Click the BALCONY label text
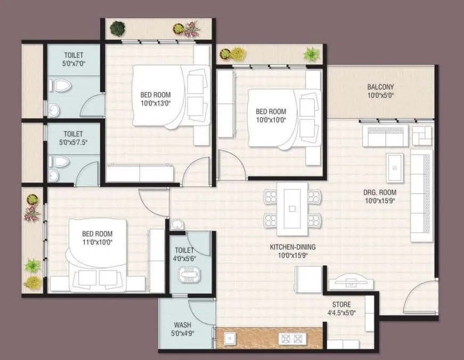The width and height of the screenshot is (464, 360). point(380,87)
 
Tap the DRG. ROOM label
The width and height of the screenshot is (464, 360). point(380,192)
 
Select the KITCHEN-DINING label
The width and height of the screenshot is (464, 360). point(292,247)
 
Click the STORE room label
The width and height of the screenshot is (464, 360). point(342,305)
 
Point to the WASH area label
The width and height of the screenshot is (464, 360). point(182,325)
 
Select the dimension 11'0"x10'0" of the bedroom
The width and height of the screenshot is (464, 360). point(97,242)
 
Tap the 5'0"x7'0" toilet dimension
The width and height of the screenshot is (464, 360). point(74,63)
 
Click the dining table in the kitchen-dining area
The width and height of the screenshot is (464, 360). point(292,208)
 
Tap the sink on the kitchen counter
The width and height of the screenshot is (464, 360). point(230,338)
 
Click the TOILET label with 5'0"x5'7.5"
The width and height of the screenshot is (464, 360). point(74,138)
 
